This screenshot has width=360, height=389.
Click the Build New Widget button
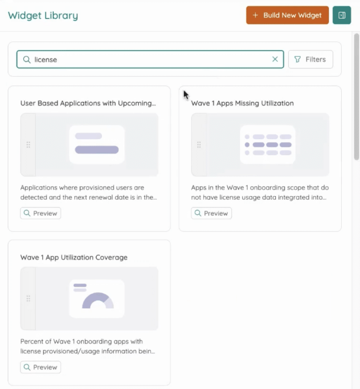coord(287,15)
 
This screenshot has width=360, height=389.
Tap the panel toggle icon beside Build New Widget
coord(342,15)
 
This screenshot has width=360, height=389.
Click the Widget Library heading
coord(43,16)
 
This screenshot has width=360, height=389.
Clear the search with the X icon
coord(275,59)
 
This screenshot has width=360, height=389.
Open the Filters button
coord(311,59)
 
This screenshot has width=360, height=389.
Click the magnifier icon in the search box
coord(27,60)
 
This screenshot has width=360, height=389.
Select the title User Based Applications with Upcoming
coord(88,103)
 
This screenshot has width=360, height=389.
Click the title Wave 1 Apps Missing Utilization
coord(242,103)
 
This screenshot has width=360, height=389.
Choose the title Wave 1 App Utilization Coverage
coord(74,258)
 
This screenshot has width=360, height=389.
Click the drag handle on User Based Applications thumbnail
coord(28,145)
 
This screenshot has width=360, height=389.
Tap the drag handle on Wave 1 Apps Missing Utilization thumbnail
coord(199,145)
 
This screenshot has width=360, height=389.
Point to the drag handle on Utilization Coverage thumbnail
coord(28,299)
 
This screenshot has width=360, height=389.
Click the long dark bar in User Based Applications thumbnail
coord(97,150)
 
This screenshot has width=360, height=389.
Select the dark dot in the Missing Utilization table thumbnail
coord(247,145)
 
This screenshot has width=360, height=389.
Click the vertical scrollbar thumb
coord(357,96)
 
